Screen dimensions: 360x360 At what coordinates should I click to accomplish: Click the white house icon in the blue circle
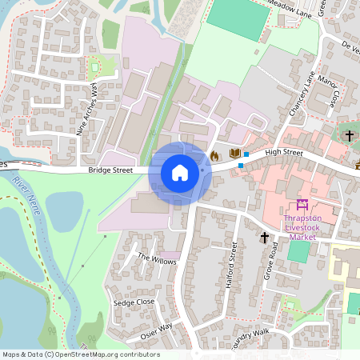(x=180, y=172)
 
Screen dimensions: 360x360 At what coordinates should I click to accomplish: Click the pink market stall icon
(x=302, y=206)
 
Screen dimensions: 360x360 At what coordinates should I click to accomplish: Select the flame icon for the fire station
(x=214, y=154)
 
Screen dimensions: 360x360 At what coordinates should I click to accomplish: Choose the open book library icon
(x=234, y=153)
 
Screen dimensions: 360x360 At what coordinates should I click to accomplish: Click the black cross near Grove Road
(x=265, y=237)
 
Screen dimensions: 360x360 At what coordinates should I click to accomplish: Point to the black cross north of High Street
(x=350, y=137)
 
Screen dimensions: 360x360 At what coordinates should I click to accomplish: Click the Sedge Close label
(x=134, y=302)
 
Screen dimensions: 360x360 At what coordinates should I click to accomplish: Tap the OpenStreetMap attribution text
(x=81, y=354)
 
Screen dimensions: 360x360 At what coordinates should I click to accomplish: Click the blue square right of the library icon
(x=246, y=153)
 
